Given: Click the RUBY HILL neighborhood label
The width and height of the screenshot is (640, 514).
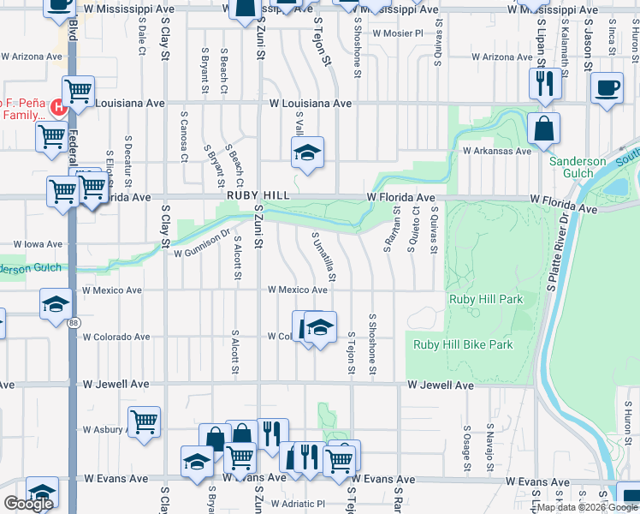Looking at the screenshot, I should point(254,196).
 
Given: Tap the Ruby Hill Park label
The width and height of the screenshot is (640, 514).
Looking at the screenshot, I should point(485,300).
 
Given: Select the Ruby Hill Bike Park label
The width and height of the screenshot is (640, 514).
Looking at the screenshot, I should point(463,345).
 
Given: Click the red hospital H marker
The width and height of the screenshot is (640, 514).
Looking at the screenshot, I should point(57,107).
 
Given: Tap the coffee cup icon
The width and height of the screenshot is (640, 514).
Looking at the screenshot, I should point(607,88).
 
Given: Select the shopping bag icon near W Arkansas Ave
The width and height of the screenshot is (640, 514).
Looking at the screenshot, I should point(543,129).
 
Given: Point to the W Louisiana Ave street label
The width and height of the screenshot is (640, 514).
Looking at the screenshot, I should point(311,103).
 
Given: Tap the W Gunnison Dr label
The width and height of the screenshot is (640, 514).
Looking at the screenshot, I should point(203,243).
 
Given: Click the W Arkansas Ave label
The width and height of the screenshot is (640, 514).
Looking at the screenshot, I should point(497,151).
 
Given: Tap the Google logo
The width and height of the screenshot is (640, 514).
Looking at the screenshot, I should point(28,503).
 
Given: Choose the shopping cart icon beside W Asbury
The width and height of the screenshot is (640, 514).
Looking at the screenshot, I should point(145,421).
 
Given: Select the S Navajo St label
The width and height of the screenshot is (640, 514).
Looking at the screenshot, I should point(489,443).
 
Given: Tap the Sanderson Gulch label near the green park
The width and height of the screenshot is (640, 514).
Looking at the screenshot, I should point(578,167).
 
